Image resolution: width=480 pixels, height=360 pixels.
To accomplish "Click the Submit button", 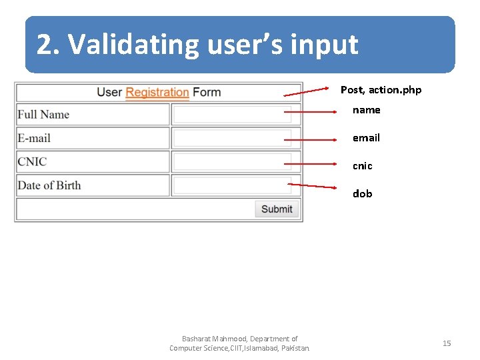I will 277,209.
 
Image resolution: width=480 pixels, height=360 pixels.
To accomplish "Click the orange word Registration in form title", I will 157,92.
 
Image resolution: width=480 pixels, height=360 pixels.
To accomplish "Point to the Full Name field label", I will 43,115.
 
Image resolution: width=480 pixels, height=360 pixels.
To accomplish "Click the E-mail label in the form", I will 34,138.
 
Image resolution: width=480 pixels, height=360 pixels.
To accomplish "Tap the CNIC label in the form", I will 32,162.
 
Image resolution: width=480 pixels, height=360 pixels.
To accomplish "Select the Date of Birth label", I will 49,185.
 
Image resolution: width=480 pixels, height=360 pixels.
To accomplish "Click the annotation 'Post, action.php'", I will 381,90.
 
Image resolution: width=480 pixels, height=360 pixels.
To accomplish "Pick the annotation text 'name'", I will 366,110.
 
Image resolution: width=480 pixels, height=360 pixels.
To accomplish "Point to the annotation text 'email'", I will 366,138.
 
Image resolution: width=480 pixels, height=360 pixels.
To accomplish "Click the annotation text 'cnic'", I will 362,166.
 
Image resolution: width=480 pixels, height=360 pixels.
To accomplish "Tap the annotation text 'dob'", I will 362,194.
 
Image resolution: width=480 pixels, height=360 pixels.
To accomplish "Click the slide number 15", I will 447,343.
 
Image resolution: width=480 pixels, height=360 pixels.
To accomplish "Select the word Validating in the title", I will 133,45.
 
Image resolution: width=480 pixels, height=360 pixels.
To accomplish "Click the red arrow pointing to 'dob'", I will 313,186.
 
